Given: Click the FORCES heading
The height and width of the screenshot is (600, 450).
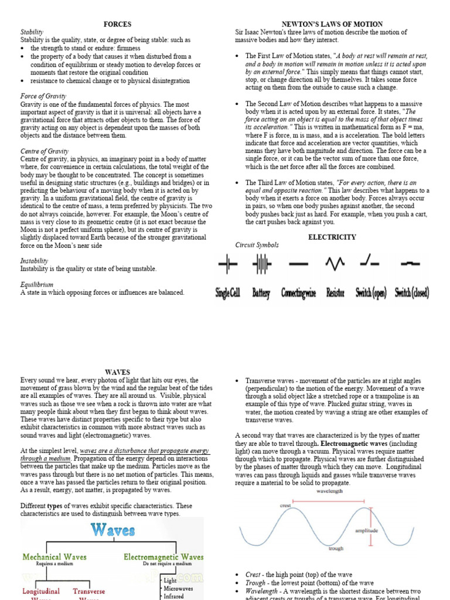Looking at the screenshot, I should [x=117, y=24].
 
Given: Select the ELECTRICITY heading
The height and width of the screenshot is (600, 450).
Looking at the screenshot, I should [x=332, y=237].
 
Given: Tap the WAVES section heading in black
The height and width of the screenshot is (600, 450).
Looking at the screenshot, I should [x=117, y=372].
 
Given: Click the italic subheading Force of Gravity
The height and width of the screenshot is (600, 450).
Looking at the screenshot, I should [x=43, y=96].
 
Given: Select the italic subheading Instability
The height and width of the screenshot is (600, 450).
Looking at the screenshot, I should [x=34, y=261].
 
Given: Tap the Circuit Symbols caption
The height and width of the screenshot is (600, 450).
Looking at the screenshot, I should [x=257, y=245].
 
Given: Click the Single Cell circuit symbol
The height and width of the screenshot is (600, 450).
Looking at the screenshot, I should [x=227, y=265].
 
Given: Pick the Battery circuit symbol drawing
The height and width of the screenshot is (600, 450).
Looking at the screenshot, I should [x=261, y=265].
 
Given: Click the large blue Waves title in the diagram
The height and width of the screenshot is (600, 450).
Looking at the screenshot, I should [x=112, y=531].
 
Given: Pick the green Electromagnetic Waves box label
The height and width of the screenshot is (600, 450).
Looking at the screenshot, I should [x=163, y=557].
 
